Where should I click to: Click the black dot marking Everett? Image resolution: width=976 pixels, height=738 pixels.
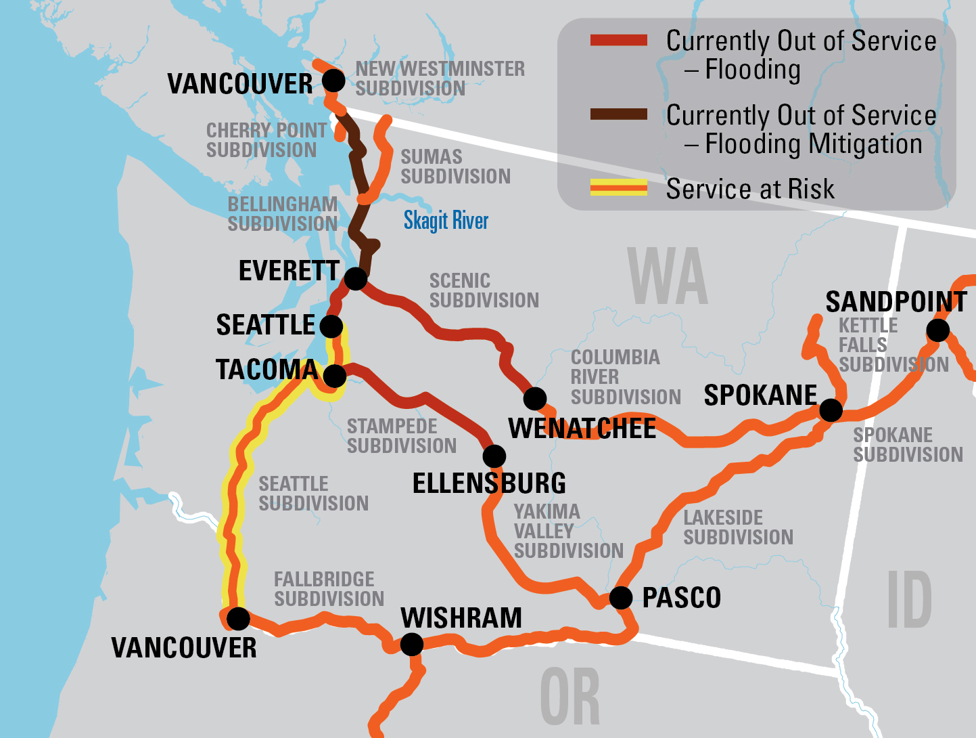(x=356, y=278)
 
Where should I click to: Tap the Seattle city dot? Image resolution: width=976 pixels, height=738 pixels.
(x=331, y=326)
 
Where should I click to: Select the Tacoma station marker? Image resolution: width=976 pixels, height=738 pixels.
(x=335, y=375)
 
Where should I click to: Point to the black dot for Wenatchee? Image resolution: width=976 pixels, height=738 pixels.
(x=535, y=398)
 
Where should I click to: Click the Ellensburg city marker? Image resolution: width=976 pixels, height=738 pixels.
(x=494, y=456)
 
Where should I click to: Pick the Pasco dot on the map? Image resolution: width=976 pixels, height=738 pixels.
(x=621, y=598)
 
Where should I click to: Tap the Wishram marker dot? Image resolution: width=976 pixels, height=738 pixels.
(x=412, y=644)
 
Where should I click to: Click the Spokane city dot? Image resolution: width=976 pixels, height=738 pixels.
(x=831, y=410)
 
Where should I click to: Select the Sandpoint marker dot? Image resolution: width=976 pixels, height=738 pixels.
(x=937, y=330)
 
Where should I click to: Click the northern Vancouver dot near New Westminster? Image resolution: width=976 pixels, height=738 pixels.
(x=333, y=80)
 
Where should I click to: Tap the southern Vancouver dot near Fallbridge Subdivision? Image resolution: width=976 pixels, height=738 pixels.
(x=238, y=618)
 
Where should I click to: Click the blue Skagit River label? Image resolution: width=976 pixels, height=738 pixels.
(x=446, y=221)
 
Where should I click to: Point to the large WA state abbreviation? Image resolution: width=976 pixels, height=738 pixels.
(x=668, y=277)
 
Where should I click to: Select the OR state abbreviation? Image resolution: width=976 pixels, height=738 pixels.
(x=570, y=697)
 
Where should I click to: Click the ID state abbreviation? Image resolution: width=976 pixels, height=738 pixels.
(x=909, y=599)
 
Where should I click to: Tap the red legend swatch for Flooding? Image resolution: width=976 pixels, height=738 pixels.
(x=618, y=41)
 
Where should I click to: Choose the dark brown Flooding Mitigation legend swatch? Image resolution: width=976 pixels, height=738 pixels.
(x=618, y=114)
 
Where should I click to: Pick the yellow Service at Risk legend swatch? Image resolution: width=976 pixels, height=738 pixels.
(x=618, y=188)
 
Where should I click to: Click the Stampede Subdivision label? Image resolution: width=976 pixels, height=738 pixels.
(x=402, y=436)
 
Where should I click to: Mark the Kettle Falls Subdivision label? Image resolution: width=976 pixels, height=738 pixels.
(x=893, y=345)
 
